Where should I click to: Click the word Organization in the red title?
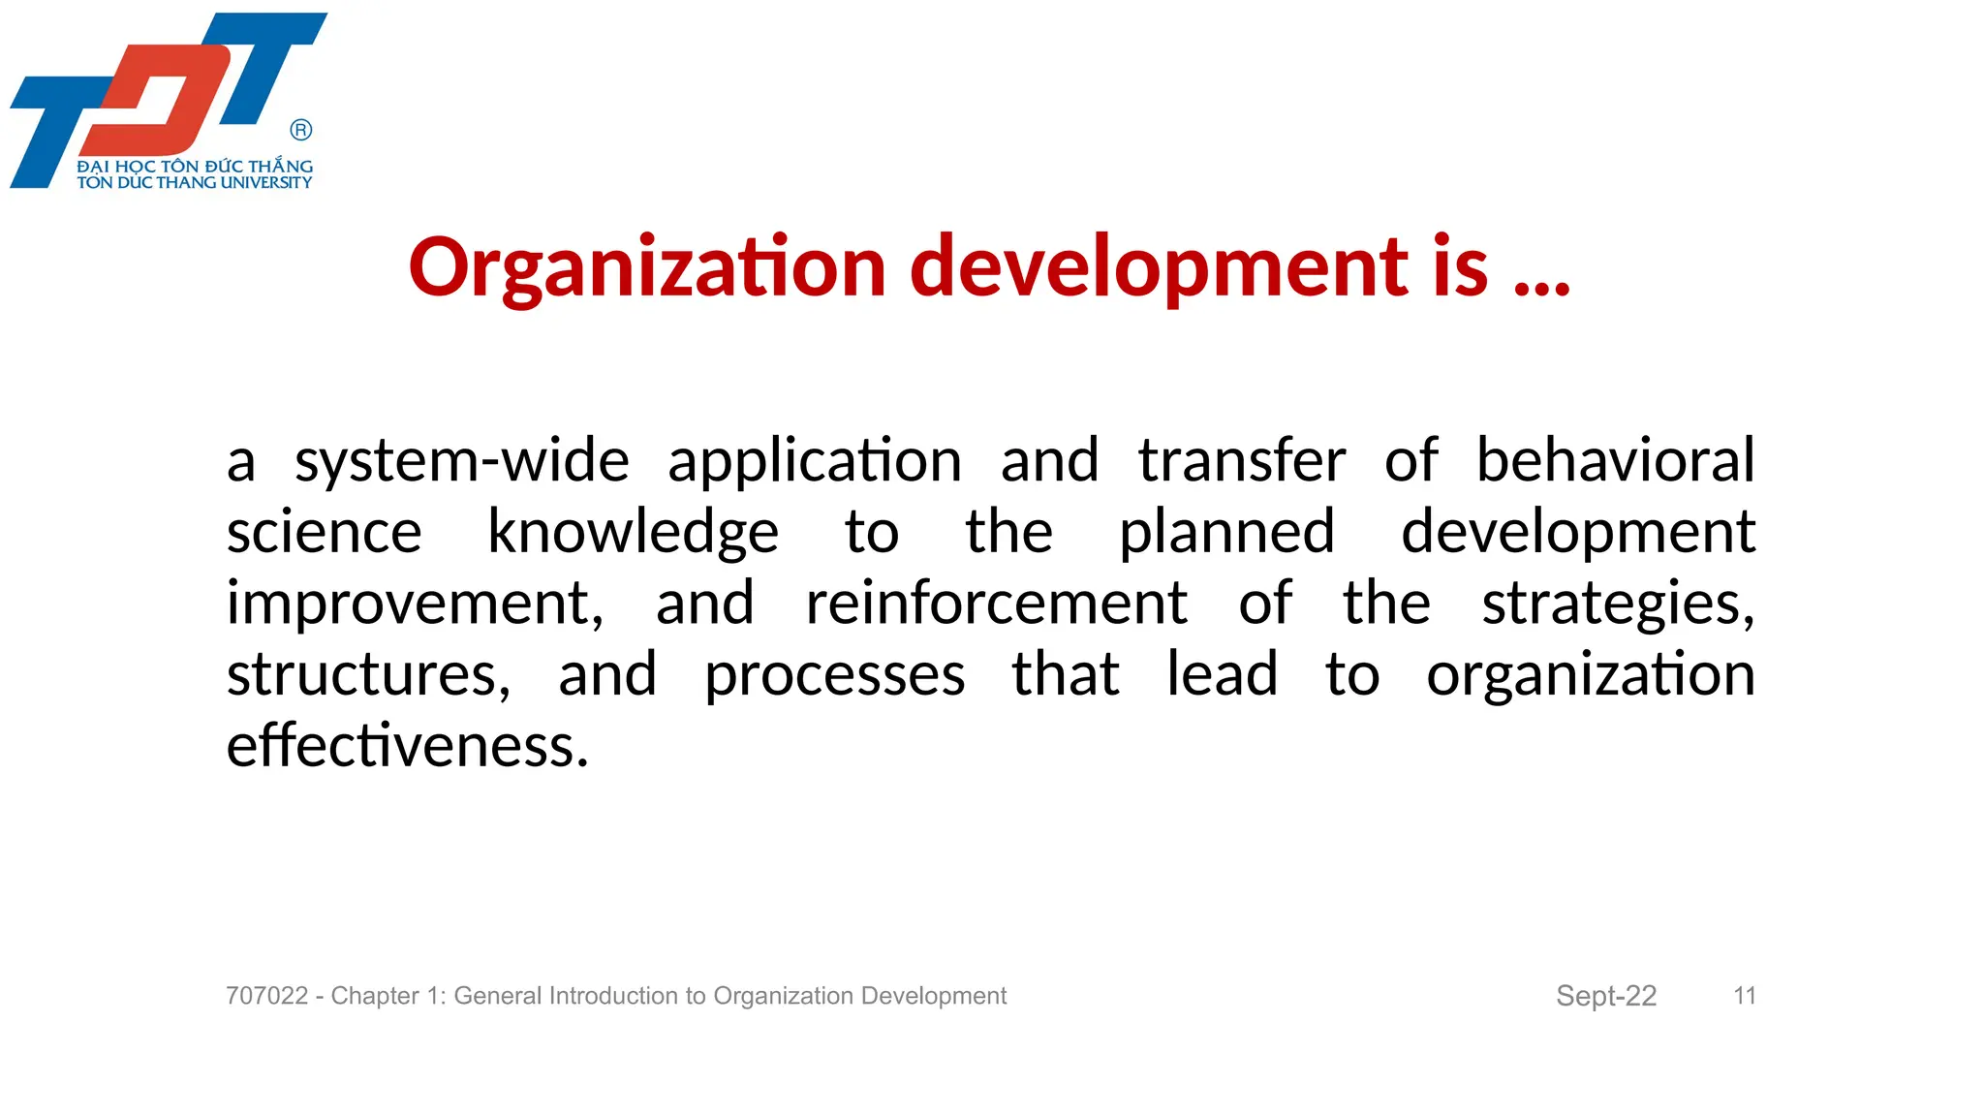(x=647, y=267)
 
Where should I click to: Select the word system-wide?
(x=462, y=460)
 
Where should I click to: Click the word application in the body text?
(x=815, y=461)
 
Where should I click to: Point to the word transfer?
(x=1242, y=460)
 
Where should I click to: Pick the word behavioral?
(x=1615, y=460)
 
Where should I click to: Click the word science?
(x=325, y=533)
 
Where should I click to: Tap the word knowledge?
(x=633, y=533)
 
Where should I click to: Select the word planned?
(x=1226, y=533)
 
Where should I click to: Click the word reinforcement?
(x=996, y=604)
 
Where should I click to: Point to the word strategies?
(x=1618, y=604)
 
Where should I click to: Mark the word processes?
(x=834, y=675)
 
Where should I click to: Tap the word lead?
(x=1222, y=674)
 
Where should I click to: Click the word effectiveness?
(x=408, y=746)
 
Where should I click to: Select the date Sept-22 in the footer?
(x=1606, y=996)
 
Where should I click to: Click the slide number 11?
(x=1745, y=996)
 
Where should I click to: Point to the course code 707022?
(x=266, y=996)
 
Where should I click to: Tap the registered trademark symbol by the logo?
(x=301, y=130)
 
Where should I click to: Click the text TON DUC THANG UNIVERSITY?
(x=195, y=182)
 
